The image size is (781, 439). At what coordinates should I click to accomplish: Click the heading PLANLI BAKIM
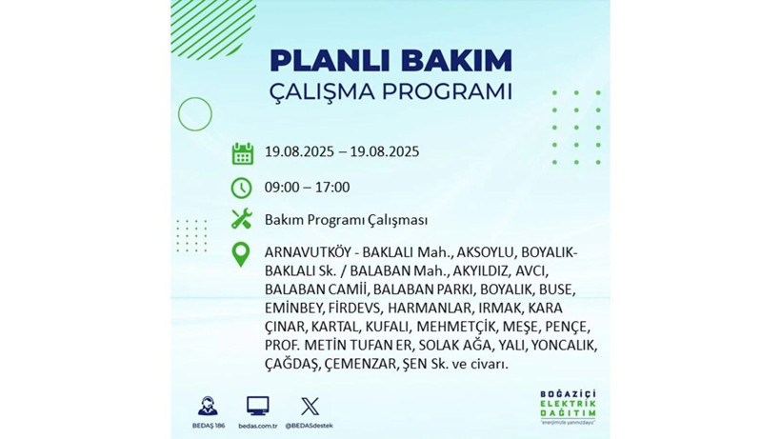pyautogui.click(x=390, y=60)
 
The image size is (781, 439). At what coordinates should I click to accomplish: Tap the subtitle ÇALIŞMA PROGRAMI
pyautogui.click(x=390, y=93)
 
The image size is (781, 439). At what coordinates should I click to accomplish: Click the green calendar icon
pyautogui.click(x=242, y=152)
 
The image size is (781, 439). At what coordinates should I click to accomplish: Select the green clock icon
pyautogui.click(x=242, y=188)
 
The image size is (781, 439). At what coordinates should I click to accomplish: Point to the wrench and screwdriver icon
pyautogui.click(x=242, y=220)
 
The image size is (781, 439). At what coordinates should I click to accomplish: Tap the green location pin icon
pyautogui.click(x=242, y=254)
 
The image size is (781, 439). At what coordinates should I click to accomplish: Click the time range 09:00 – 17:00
pyautogui.click(x=307, y=188)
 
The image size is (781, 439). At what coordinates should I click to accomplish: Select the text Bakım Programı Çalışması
pyautogui.click(x=346, y=220)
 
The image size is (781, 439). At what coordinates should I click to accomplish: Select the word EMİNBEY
pyautogui.click(x=293, y=309)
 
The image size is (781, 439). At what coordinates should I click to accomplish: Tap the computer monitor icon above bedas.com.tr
pyautogui.click(x=257, y=405)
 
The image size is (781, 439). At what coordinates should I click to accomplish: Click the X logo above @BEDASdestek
pyautogui.click(x=310, y=406)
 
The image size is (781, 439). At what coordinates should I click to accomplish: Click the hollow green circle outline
pyautogui.click(x=194, y=114)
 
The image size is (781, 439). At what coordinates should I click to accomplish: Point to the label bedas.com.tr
pyautogui.click(x=257, y=425)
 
